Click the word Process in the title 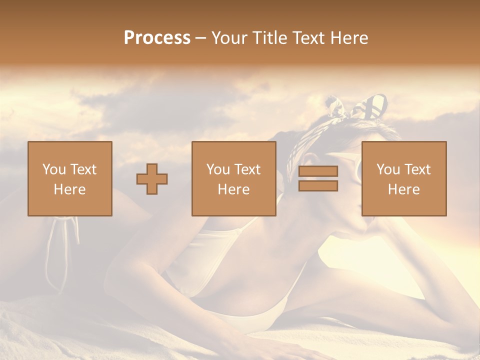tap(157, 38)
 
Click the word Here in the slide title tap(350, 38)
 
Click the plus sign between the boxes tap(152, 179)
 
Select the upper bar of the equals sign tap(318, 171)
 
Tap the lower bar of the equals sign tap(318, 186)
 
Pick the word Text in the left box tap(83, 169)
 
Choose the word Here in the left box tap(69, 189)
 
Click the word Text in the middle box tap(247, 169)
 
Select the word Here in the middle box tap(233, 189)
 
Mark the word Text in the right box tap(417, 169)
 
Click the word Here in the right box tap(403, 189)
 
